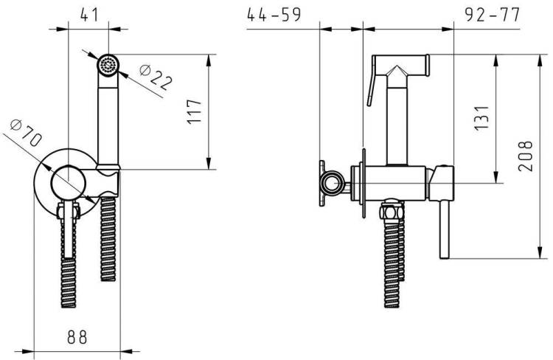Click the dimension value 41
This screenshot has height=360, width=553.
point(89,15)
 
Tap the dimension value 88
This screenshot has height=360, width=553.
point(77,336)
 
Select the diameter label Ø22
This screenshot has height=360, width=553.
point(156,77)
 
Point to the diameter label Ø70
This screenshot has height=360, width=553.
point(26,133)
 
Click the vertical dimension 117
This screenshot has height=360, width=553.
point(194,111)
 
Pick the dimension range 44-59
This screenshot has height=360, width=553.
point(274,15)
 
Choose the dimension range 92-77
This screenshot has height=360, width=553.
point(493,15)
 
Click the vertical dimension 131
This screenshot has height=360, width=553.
point(481,118)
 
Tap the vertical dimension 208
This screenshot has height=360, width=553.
point(525,156)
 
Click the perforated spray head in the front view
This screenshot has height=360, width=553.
point(108,65)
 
